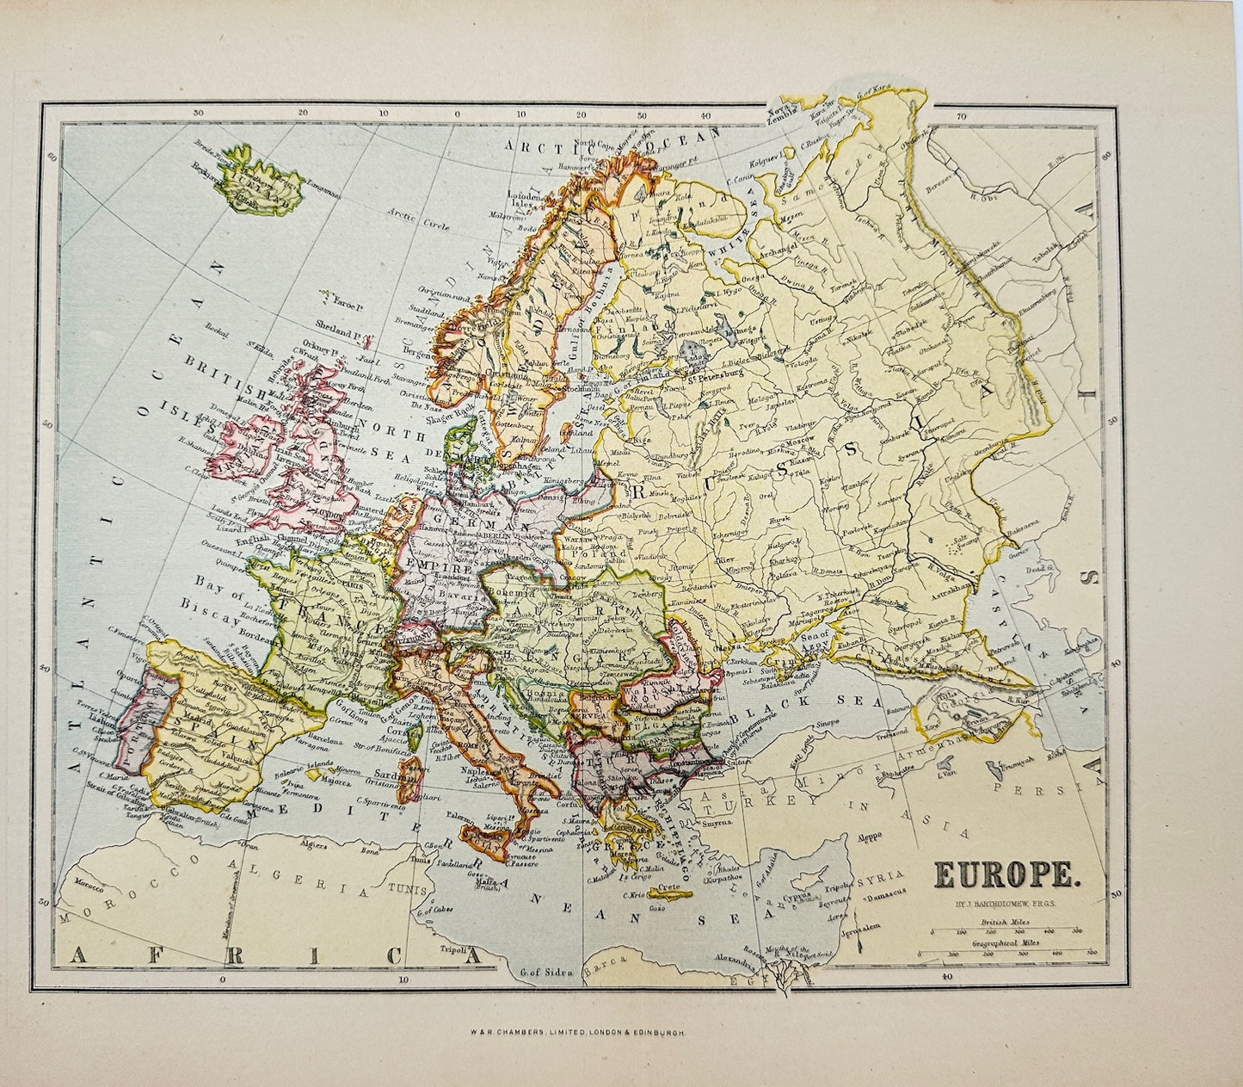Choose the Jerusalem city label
pyautogui.click(x=864, y=932)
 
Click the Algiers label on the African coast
pyautogui.click(x=319, y=846)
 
